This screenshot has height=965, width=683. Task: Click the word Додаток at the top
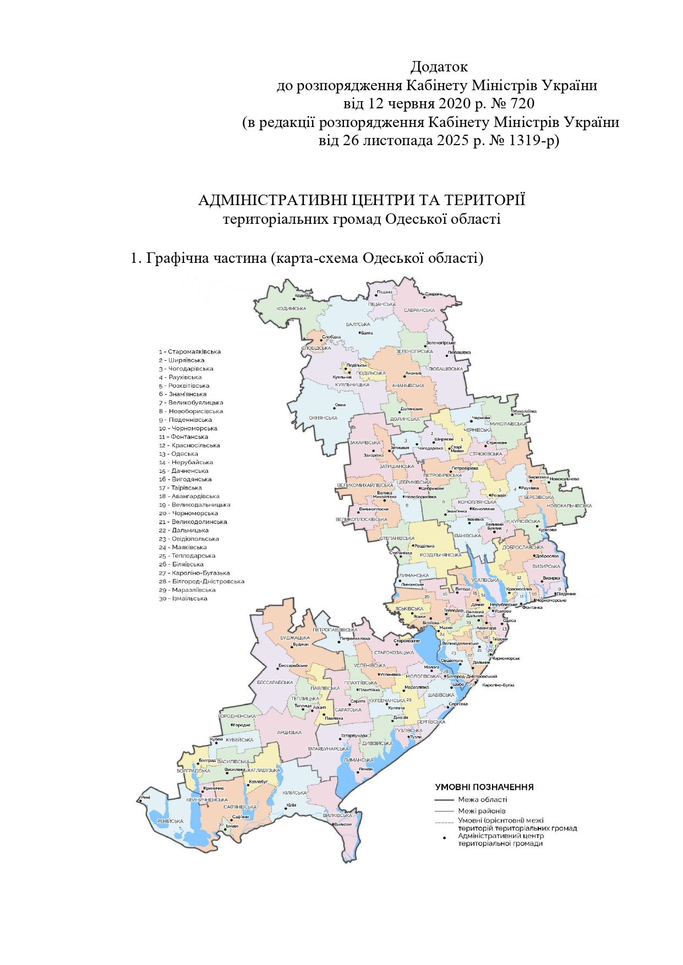[439, 67]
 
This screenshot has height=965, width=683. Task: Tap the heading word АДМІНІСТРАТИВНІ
[273, 200]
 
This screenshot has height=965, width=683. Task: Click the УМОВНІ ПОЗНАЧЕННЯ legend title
[484, 787]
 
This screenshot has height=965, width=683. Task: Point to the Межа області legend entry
[482, 800]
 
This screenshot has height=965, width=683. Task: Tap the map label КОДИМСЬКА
[291, 309]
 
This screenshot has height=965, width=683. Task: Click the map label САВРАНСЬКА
[419, 311]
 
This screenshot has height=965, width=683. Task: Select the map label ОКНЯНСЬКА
[323, 418]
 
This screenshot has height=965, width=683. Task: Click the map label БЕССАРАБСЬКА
[275, 682]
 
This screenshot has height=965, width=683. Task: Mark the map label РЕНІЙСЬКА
[170, 821]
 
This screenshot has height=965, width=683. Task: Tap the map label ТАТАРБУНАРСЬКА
[328, 749]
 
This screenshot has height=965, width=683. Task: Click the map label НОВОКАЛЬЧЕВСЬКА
[569, 506]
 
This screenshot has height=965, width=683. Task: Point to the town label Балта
[367, 333]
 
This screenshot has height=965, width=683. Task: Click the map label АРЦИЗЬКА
[289, 732]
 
